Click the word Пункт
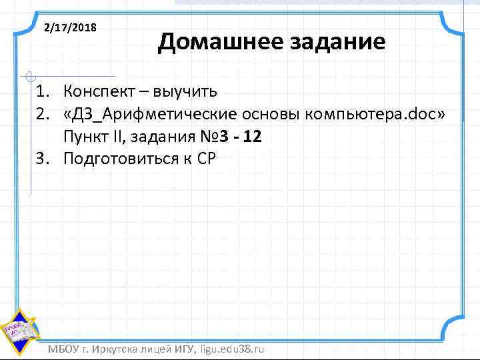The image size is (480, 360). point(85,137)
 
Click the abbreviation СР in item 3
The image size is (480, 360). point(199,159)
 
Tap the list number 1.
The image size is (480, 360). point(42,90)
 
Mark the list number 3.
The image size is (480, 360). point(42,159)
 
